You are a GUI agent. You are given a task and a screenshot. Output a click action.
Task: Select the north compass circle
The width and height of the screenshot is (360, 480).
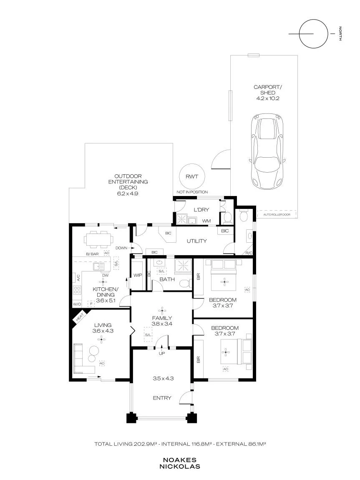tap(313, 34)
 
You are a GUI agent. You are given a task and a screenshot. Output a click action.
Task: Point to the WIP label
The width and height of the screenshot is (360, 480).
tap(138, 275)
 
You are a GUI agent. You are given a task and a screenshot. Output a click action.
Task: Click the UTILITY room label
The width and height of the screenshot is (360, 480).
tap(197, 241)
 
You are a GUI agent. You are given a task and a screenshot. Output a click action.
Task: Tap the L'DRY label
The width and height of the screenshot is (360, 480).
tap(201, 210)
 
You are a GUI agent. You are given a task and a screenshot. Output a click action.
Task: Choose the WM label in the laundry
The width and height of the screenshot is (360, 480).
tap(206, 221)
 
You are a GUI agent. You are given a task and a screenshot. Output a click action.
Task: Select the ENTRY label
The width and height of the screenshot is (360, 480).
tap(162, 398)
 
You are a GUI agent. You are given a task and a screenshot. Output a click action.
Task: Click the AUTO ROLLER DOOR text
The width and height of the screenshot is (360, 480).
tap(277, 215)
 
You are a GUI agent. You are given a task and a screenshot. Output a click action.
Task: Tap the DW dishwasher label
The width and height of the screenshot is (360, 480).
tap(105, 275)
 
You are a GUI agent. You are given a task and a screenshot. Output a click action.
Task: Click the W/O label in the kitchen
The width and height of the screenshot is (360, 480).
tap(77, 304)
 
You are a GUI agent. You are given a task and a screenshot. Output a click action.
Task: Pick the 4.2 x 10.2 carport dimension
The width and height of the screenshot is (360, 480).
tap(267, 98)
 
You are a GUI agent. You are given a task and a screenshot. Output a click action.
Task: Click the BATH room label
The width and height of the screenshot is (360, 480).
tap(167, 279)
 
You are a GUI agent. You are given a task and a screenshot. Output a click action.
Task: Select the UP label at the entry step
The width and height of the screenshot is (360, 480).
tap(161, 354)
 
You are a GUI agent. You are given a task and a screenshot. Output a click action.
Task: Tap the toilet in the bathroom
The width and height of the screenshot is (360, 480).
tap(185, 284)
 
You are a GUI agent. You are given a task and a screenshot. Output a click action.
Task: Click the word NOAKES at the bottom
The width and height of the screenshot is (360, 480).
tap(180, 460)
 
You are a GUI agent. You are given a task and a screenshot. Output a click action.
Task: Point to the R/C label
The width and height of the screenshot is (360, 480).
tap(249, 253)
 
